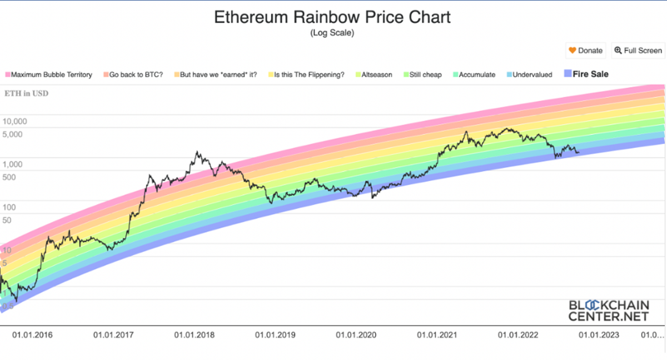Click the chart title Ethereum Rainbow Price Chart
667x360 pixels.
point(332,17)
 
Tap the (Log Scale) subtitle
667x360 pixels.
point(332,33)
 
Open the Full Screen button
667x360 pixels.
point(638,51)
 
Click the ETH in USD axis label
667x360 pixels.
point(26,93)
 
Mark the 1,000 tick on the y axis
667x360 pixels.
point(12,164)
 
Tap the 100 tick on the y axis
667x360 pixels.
point(9,207)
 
